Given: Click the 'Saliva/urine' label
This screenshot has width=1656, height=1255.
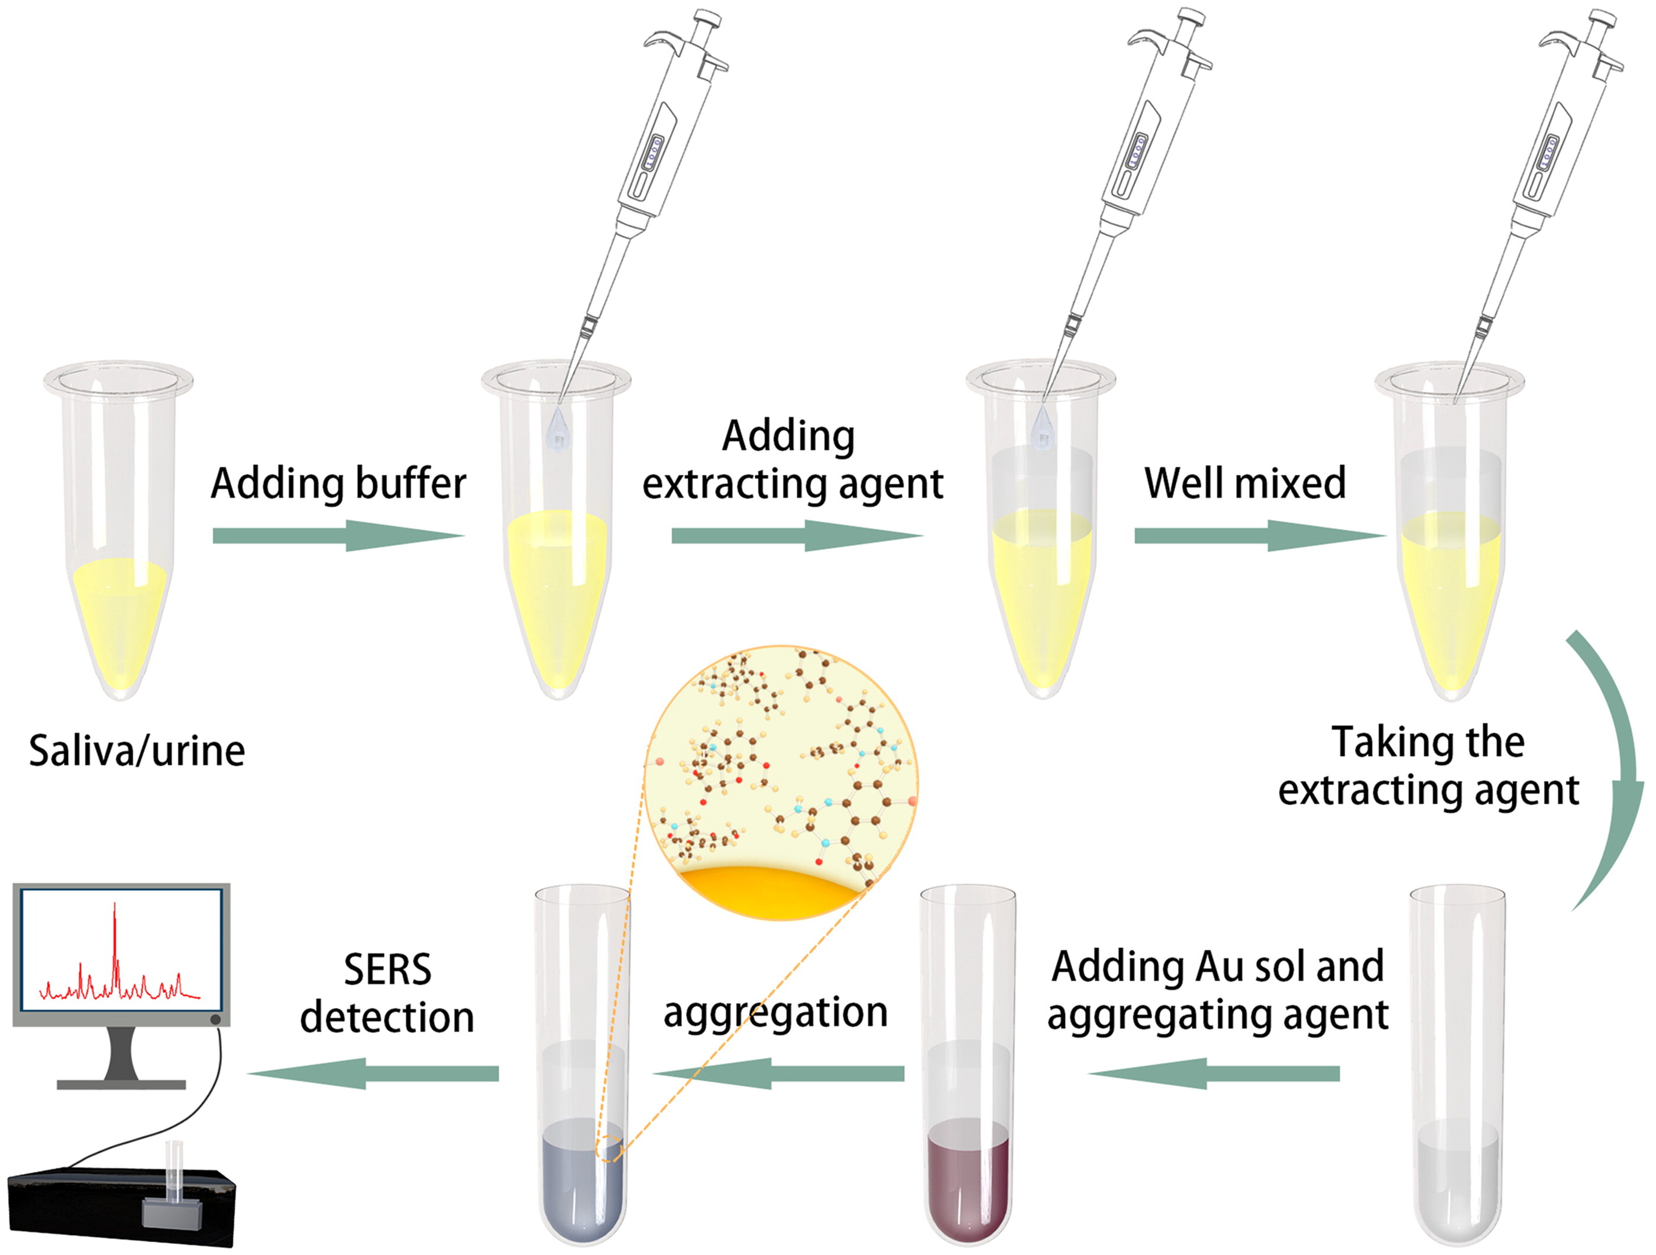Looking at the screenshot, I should pyautogui.click(x=137, y=751).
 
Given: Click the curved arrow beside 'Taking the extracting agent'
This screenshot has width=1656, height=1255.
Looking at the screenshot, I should pyautogui.click(x=1610, y=771).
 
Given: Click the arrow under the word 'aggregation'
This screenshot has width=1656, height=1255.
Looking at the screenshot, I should pyautogui.click(x=778, y=1073).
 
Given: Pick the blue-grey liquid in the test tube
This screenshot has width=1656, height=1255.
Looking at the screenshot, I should pyautogui.click(x=583, y=1183).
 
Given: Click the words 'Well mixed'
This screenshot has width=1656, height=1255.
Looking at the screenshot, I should pyautogui.click(x=1244, y=483).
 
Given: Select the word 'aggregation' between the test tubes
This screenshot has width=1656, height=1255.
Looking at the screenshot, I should pyautogui.click(x=775, y=1013).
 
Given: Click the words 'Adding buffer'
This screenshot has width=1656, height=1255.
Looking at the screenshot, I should pyautogui.click(x=338, y=483).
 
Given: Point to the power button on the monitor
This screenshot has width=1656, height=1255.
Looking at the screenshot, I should pyautogui.click(x=216, y=1019).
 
